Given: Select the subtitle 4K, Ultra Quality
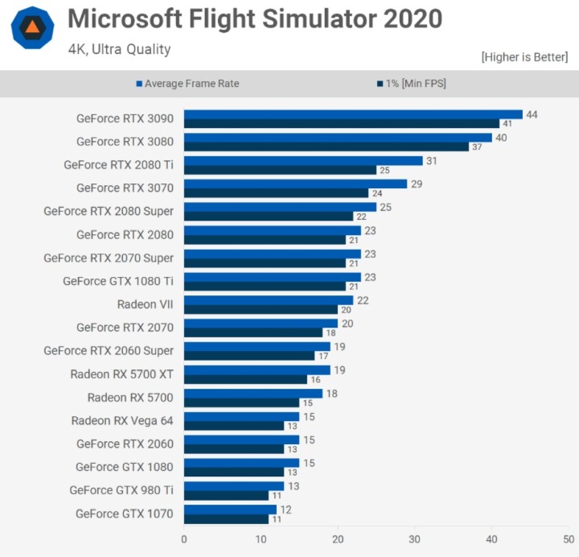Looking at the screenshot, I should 119,49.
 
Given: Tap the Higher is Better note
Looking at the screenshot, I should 524,57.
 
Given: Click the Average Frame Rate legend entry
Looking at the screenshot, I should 192,83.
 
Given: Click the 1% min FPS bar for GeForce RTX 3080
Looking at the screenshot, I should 326,146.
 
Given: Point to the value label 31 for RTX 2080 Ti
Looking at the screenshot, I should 430,161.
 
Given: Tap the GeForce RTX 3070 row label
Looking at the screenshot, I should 125,188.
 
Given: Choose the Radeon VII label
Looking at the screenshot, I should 146,304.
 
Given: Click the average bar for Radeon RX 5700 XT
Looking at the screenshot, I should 257,370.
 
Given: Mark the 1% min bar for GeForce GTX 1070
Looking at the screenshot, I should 226,519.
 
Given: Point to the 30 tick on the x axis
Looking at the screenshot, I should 415,539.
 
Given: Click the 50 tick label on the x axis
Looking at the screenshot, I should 568,539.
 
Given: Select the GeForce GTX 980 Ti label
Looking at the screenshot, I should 121,489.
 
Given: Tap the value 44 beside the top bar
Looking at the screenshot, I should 531,114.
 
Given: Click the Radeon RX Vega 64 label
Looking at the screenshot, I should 122,420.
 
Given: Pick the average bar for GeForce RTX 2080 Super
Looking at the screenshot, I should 280,207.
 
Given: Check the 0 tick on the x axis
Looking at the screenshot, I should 184,539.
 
